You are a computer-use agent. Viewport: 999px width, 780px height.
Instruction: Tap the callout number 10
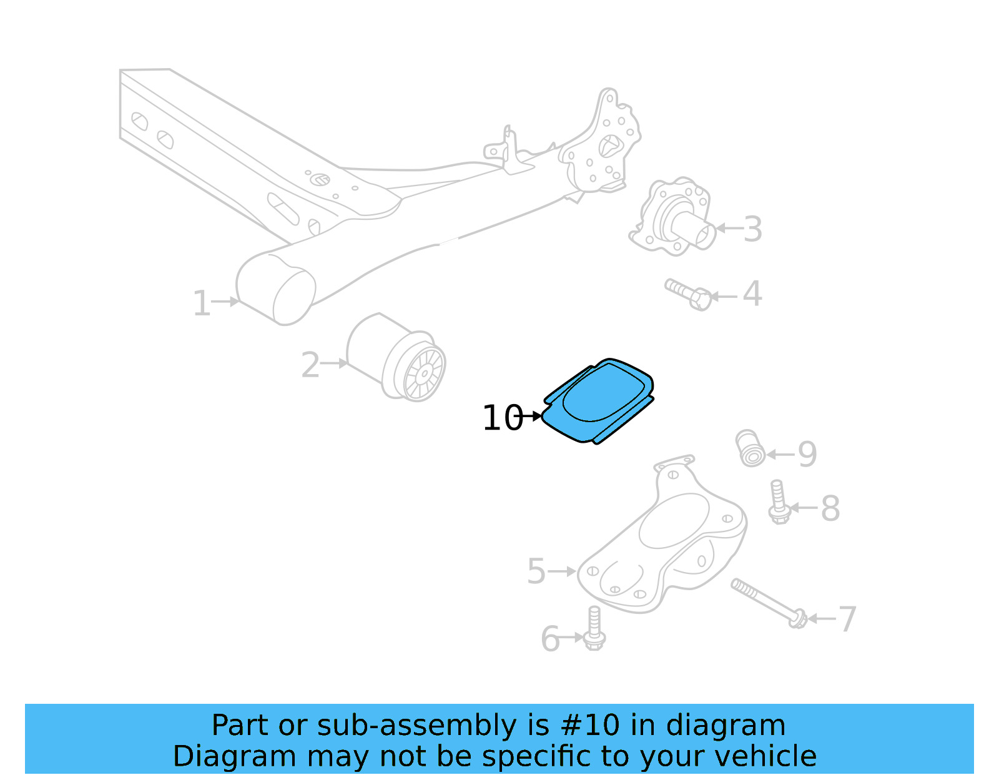point(502,418)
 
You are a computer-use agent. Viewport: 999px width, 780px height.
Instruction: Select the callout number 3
point(753,229)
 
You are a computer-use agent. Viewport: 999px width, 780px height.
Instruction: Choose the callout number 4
point(752,294)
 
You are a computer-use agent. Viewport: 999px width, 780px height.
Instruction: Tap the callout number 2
point(310,365)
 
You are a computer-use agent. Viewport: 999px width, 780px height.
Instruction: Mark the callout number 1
point(201,304)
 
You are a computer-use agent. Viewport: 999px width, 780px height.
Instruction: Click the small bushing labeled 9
point(750,448)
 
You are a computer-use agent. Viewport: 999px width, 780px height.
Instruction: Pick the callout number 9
point(807,454)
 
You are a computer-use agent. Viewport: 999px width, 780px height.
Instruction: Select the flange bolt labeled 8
point(778,502)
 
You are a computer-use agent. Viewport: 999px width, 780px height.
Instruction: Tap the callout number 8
point(830,508)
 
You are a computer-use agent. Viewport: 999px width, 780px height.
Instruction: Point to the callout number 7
point(847,620)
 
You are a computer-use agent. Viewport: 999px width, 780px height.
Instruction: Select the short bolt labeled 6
point(594,629)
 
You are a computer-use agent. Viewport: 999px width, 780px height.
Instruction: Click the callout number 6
point(550,639)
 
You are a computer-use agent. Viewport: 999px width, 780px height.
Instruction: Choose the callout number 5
point(536,571)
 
